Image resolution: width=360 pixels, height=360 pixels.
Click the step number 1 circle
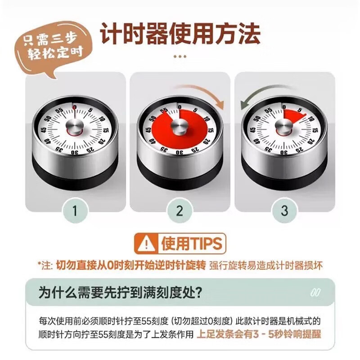coord(75,210)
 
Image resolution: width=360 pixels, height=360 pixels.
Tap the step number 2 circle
coord(180,210)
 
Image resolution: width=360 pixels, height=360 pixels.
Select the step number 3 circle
coord(284,210)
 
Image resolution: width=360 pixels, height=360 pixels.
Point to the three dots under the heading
coord(180,56)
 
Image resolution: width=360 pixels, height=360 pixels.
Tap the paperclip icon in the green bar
coord(317,292)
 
